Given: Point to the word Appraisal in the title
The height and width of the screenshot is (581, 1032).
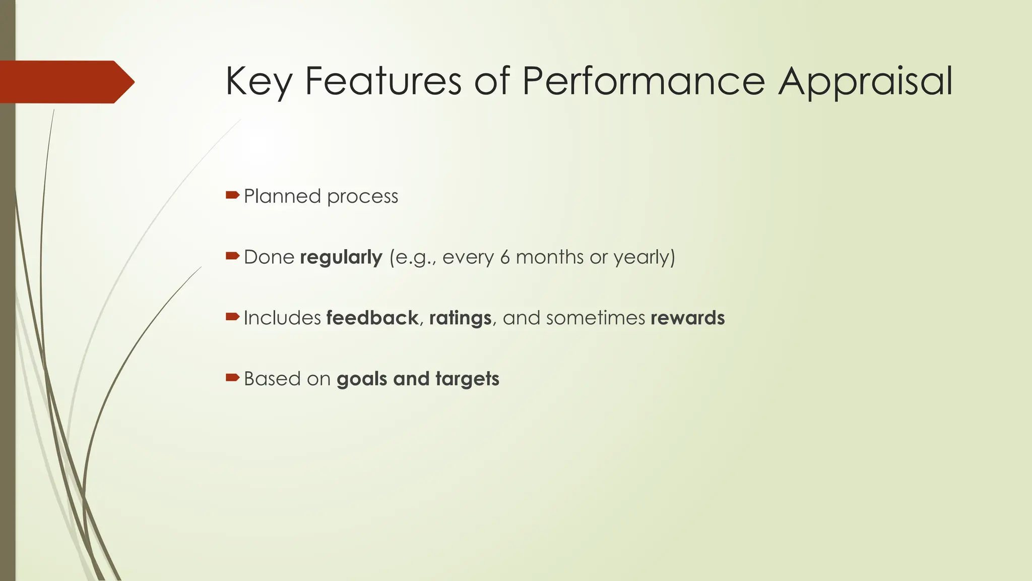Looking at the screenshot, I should pos(865,82).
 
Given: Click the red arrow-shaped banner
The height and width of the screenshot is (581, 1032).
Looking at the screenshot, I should pos(66,82).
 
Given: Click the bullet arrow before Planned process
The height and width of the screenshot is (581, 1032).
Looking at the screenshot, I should pos(232,195).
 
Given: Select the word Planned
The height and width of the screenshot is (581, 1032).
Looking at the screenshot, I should pos(282,196).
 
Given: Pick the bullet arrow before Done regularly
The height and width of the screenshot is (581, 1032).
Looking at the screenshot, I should pos(232,256).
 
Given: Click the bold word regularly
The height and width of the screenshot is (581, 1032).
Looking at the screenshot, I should pos(341,258).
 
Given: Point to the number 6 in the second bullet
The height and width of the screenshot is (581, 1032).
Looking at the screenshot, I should pos(505,257).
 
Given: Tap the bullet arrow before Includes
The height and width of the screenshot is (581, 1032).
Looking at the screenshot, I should pos(232,317).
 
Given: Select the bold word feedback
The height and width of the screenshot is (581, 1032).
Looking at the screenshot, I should pos(372,318).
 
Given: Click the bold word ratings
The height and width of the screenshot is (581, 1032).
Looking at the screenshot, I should pos(460,318).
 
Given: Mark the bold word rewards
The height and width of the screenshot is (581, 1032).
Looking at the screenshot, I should pos(687,318).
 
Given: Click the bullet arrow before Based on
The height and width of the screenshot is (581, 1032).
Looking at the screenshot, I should pos(232,378).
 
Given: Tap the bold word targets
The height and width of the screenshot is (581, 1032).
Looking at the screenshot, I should pos(467,379).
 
